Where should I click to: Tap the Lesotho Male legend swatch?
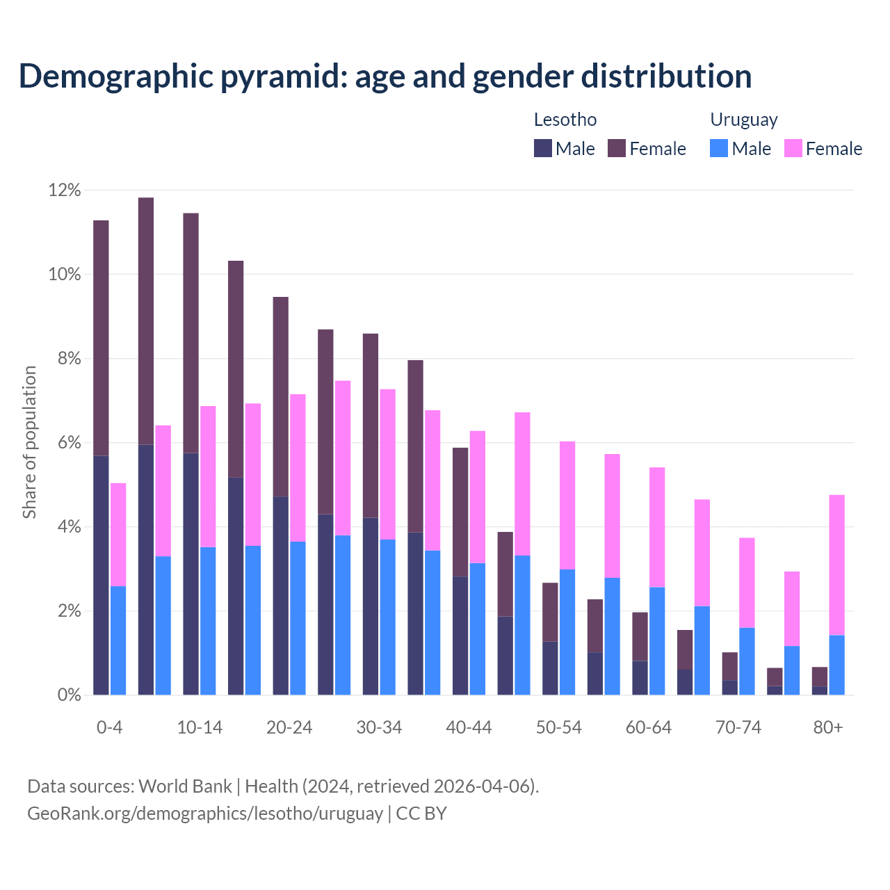543,148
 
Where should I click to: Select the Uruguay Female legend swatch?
793,148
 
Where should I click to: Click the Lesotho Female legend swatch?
617,148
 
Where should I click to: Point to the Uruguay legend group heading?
743,120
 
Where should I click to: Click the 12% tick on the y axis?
65,191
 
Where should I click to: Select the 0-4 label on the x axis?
109,727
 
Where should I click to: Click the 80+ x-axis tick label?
827,727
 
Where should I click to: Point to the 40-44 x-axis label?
469,727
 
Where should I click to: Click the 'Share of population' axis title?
30,442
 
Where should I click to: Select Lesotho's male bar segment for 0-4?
101,575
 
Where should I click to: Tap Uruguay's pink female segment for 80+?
837,565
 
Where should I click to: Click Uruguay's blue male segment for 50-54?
567,632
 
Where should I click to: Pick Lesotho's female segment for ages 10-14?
191,333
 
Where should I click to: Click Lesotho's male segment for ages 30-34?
371,606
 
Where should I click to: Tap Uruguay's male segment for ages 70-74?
747,661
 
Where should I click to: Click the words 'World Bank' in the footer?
185,786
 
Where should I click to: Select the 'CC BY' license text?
421,814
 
